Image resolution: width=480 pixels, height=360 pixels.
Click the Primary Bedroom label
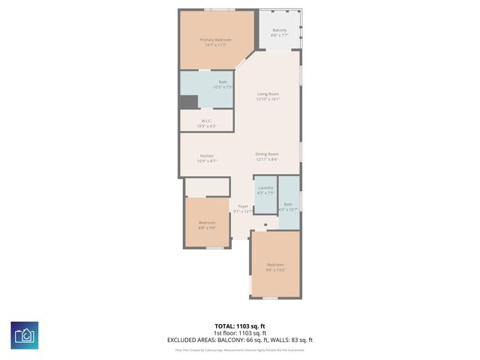coord(215,40)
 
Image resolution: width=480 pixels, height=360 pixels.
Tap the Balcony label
coord(279,30)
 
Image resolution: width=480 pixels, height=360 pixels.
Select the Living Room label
coord(268,94)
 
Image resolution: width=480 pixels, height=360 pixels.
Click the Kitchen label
coord(206,156)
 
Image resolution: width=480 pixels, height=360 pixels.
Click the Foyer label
coord(243,206)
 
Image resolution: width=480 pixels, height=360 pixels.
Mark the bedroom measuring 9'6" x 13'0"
coord(275,265)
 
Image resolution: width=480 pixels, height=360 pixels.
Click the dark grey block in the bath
coord(188,102)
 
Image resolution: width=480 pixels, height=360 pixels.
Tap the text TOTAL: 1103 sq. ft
coord(239,326)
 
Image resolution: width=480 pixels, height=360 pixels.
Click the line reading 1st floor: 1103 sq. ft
coord(239,333)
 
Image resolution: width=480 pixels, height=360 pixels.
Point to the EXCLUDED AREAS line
coord(239,340)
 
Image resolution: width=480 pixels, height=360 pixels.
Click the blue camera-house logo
coord(24,334)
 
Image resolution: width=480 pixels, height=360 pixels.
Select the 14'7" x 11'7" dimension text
coord(215,45)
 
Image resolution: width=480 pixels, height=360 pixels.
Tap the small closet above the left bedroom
coord(207,187)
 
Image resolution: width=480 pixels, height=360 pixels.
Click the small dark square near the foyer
coord(265,223)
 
